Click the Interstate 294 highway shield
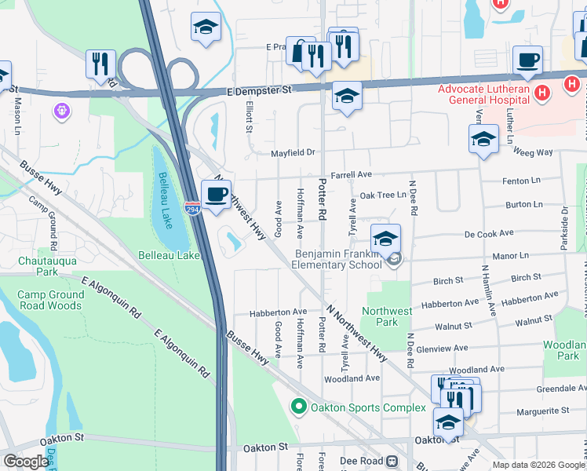(192, 207)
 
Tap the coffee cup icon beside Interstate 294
(216, 195)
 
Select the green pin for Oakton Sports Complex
(298, 407)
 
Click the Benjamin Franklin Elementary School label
(338, 259)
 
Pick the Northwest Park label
(388, 316)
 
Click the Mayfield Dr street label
(293, 153)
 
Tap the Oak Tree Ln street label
(383, 195)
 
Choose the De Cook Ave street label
(488, 233)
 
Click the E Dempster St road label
(260, 90)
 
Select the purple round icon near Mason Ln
(62, 111)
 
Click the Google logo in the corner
(26, 462)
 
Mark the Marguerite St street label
(542, 411)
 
